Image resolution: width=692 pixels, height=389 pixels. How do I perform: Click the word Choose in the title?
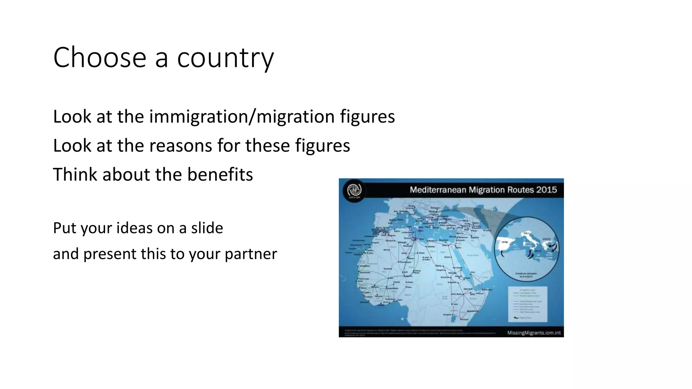tap(100, 57)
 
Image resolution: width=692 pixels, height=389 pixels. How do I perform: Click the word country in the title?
tap(225, 58)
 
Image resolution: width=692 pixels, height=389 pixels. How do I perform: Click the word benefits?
tap(220, 175)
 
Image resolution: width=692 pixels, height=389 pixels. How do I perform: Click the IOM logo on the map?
tap(354, 190)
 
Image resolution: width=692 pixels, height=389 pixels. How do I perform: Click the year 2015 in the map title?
tap(546, 190)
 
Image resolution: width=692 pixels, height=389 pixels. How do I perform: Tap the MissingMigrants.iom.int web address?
tap(534, 333)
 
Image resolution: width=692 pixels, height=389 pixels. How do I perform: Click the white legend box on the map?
tap(527, 304)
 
